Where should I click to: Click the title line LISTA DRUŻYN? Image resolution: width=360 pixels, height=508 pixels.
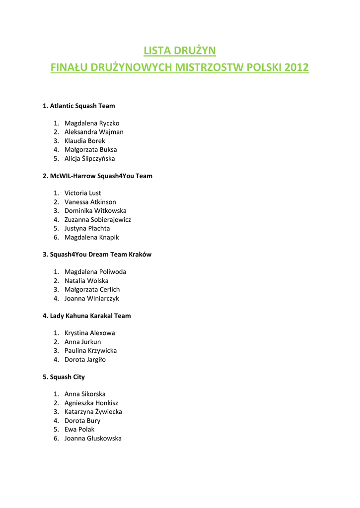[180, 51]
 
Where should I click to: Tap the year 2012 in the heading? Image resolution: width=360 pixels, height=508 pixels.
[296, 67]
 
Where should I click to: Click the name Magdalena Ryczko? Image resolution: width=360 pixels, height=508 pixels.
[92, 123]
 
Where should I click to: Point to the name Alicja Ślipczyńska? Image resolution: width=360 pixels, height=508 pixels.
[89, 159]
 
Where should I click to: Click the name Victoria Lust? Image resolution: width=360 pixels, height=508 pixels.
[82, 193]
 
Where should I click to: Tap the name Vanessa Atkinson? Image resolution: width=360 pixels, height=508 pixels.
[90, 202]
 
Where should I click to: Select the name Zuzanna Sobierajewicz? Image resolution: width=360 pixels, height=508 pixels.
[98, 219]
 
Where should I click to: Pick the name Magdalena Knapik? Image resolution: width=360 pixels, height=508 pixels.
[92, 237]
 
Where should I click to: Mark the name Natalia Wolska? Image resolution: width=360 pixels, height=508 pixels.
[86, 281]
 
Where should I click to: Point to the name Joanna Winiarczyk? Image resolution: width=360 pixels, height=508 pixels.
[92, 299]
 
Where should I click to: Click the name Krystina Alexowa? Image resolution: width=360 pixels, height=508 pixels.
[90, 333]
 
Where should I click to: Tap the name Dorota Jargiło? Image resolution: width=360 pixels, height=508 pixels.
[85, 360]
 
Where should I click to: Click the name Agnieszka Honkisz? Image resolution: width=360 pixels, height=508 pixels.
[91, 403]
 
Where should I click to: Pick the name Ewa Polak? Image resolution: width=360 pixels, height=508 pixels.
[79, 429]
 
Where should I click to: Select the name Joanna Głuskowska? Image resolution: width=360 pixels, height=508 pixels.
[93, 439]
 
